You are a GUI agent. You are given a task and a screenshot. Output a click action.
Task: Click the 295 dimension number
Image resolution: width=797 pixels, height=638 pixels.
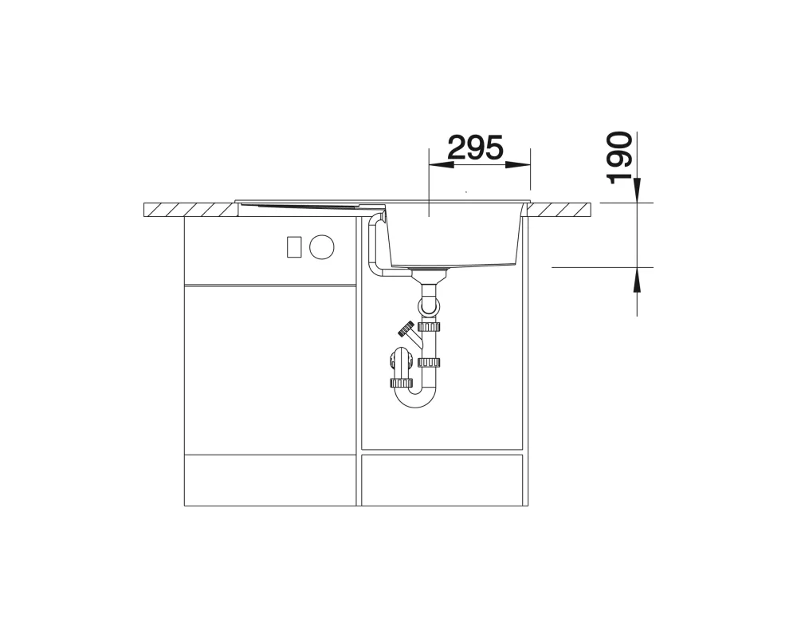click(475, 148)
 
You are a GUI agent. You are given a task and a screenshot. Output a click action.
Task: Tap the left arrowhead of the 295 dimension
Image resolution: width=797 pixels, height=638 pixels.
click(442, 164)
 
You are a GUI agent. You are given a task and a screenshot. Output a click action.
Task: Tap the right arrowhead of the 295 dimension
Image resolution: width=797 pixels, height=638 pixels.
click(518, 164)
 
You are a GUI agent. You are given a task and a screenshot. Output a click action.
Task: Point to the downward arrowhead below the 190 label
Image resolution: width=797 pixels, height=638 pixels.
click(637, 191)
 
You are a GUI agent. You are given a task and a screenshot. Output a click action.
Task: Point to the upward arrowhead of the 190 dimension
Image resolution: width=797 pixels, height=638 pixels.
click(637, 279)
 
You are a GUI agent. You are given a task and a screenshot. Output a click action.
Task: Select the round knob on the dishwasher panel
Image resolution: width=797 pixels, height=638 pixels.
click(322, 246)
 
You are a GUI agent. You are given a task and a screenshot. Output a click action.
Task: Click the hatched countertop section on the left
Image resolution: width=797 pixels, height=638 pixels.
click(190, 210)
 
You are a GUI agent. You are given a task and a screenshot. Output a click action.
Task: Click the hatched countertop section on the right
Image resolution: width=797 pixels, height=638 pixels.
click(559, 210)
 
